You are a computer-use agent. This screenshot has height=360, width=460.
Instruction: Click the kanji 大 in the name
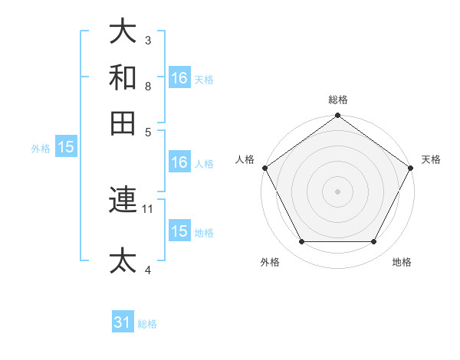(123, 32)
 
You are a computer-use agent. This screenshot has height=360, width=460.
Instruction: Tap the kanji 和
(123, 77)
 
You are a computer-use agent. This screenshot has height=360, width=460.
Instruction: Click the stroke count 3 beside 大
(148, 40)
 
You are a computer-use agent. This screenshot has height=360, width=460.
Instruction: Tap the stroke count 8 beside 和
(148, 86)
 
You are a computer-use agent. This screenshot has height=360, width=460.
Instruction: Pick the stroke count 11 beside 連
(149, 208)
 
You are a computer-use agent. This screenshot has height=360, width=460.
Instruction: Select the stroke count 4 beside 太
(148, 270)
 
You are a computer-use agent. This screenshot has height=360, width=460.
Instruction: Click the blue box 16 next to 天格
(179, 78)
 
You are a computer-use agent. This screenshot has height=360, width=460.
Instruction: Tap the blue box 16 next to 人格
(179, 162)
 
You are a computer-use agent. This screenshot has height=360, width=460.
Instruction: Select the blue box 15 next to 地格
(179, 231)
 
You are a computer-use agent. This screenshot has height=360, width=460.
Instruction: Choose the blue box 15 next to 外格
(66, 148)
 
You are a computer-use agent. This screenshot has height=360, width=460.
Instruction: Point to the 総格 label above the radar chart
(338, 100)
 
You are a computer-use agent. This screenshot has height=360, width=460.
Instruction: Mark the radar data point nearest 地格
(374, 242)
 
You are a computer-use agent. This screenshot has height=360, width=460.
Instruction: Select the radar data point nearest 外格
(301, 242)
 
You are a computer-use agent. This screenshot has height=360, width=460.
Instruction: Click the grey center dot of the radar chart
(338, 191)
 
